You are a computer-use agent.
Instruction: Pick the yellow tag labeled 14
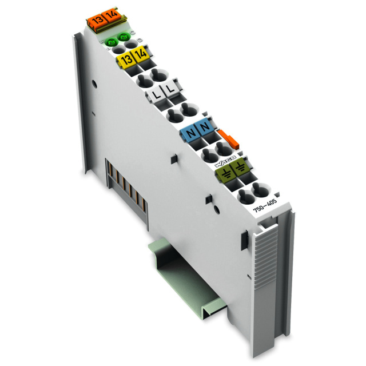point(141,55)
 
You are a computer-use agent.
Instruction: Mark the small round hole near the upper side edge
point(93,84)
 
